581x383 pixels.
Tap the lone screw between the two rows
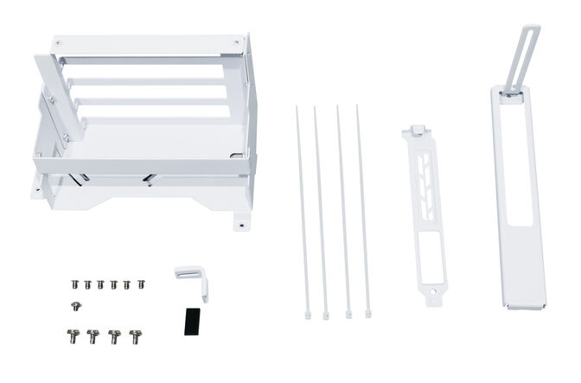(x=75, y=306)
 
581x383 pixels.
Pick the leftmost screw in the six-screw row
(x=75, y=284)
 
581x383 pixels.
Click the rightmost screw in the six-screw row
(x=140, y=284)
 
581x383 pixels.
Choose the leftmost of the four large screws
(x=72, y=335)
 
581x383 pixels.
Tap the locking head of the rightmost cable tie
(x=369, y=314)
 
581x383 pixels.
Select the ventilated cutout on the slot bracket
(x=424, y=177)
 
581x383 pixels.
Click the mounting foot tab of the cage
(x=239, y=222)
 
